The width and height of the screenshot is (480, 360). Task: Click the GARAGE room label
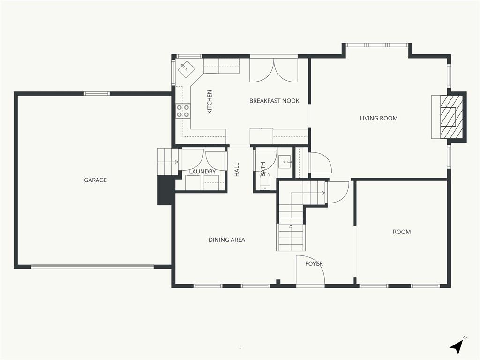pos(95,180)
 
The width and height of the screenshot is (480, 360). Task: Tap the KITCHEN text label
pos(210,102)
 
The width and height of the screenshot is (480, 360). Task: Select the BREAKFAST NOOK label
pos(274,101)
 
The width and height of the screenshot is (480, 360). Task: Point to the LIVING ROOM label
pos(379,118)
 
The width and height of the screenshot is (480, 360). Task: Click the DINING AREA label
pos(227,240)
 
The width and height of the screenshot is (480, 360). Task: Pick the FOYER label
pos(314,263)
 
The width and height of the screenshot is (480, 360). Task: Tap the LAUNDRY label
pos(202,172)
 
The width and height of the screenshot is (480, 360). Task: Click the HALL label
pos(237,170)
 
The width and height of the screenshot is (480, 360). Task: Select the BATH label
pos(263,169)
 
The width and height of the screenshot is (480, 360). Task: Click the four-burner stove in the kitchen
pos(183,111)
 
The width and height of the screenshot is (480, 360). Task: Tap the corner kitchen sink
pos(187,69)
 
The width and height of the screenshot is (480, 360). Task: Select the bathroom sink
pos(285,161)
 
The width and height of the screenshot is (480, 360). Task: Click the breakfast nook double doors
pos(274,70)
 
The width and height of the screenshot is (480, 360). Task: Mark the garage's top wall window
pos(97,94)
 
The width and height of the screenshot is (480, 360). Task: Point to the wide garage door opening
pos(92,267)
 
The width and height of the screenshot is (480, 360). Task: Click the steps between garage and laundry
pos(168,162)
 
